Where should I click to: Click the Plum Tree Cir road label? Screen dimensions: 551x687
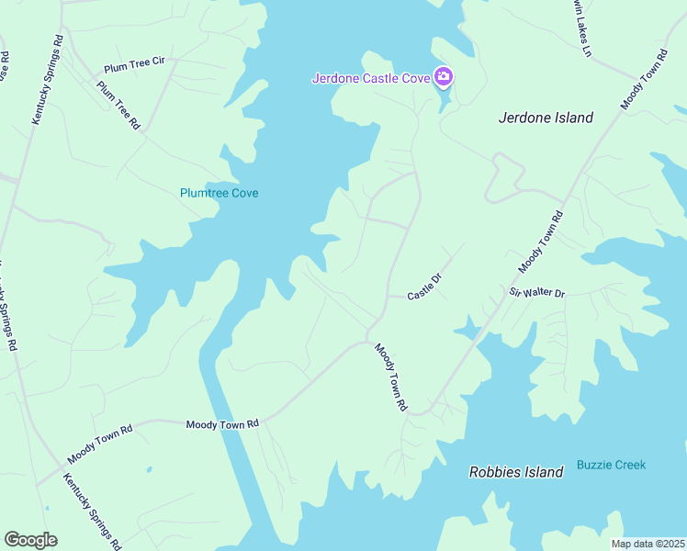134,64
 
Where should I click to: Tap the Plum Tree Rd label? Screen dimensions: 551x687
118,105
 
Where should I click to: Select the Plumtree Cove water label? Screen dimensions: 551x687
219,193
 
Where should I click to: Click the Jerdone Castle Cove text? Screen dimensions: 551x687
371,78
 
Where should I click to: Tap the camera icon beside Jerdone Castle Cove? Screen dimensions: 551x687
444,77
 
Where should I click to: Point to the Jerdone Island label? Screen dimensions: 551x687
546,118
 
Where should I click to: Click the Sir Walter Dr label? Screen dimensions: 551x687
537,292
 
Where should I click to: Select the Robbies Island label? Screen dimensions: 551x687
515,472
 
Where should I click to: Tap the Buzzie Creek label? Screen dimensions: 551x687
611,465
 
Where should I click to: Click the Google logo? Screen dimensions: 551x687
30,540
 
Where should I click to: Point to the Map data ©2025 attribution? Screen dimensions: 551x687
648,544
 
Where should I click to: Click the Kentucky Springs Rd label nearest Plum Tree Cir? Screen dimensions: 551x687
49,80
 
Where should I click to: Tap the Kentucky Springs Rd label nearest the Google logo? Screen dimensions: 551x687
91,511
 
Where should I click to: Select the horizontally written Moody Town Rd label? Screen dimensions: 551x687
223,424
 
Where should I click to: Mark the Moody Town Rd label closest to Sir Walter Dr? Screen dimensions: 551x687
540,242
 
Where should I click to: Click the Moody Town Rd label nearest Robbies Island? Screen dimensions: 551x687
389,377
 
